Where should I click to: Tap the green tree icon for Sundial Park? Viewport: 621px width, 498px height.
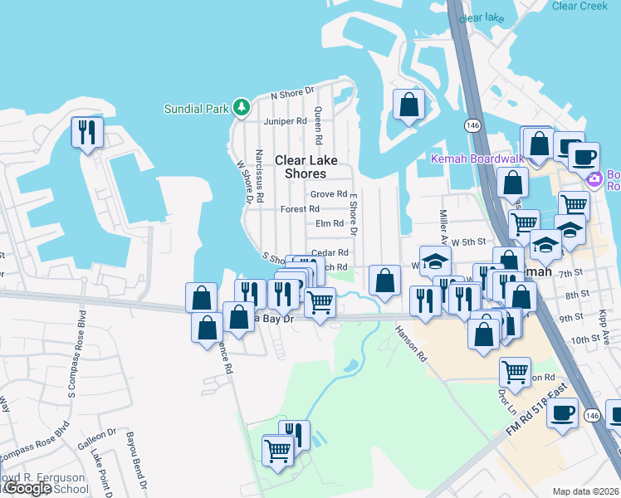(x=241, y=107)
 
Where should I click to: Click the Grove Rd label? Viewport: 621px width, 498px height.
(x=328, y=194)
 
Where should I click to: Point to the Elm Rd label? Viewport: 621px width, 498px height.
(x=330, y=224)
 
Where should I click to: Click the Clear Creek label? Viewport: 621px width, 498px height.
(x=580, y=7)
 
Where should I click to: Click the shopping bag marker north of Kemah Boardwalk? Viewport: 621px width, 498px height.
(x=408, y=105)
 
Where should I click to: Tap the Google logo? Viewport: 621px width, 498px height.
(x=27, y=488)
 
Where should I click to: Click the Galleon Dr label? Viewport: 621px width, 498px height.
(x=100, y=434)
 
